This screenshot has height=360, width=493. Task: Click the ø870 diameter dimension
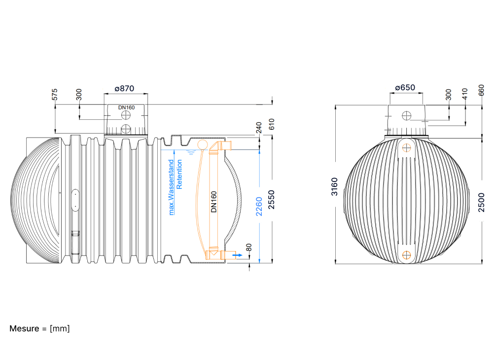tap(125, 89)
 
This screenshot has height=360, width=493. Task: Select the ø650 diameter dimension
tap(405, 87)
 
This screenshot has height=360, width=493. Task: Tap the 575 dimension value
tap(55, 95)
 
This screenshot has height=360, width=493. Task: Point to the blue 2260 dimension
tap(259, 207)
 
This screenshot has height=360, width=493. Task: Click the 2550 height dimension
tap(271, 200)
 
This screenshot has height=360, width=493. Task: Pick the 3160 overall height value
tap(334, 187)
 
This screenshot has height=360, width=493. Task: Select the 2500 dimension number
tap(481, 203)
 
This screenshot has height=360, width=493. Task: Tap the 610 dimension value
tap(272, 124)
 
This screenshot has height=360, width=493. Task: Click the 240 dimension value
tap(259, 128)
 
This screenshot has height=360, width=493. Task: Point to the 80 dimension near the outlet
tap(248, 248)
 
